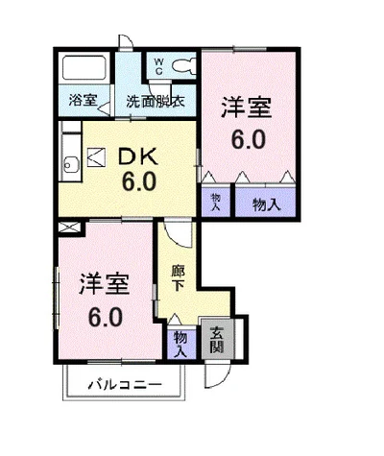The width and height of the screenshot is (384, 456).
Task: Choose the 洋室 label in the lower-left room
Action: (x=105, y=283)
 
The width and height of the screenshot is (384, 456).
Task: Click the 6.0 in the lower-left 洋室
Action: (x=105, y=315)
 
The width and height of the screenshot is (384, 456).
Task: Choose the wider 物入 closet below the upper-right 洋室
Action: (x=265, y=204)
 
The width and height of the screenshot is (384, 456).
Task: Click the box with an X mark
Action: (x=69, y=228)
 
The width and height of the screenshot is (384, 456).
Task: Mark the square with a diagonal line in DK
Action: (x=97, y=157)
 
